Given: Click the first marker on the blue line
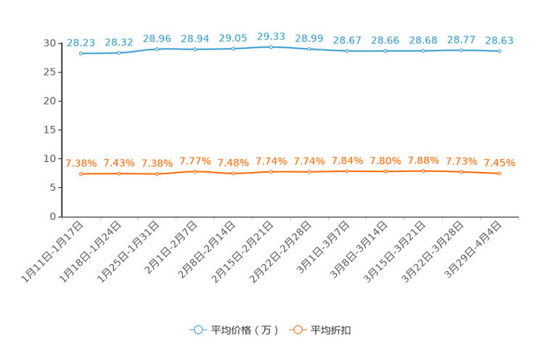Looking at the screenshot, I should coord(81,53).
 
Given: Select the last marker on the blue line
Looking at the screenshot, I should coord(499,52).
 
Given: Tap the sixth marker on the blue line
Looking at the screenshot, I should coord(271,46).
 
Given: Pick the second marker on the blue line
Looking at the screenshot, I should coord(118,52).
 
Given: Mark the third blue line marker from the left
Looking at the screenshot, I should coord(157,49).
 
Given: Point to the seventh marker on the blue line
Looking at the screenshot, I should coord(309,49).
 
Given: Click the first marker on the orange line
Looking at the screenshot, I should coord(81,173).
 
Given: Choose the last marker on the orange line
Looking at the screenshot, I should coord(499,173).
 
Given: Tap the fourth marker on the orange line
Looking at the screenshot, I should coord(195,171).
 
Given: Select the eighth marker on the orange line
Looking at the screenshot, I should coord(347,171).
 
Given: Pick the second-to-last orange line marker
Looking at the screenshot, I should coord(461,171).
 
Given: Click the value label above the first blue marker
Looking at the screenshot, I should coord(81,42).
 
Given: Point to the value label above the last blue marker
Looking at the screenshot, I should coord(499,41).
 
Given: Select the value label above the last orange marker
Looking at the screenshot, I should coord(499,163).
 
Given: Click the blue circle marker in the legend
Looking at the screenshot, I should coord(197,330).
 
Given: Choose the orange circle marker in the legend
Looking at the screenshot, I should coord(296,330).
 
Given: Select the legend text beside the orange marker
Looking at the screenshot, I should coord(331,330).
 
